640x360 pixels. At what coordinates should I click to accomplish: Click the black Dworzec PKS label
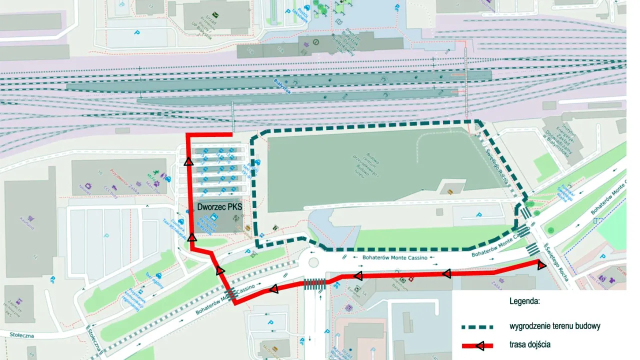coord(219,205)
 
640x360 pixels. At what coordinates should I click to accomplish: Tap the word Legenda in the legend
coord(524,301)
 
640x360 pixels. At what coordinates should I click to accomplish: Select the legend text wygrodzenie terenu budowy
coord(554,326)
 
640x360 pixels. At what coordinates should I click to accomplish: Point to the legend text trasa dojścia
coord(530,344)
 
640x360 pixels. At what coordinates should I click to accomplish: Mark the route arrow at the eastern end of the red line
coord(541,265)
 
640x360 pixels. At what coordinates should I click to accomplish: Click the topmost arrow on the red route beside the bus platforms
coord(188,161)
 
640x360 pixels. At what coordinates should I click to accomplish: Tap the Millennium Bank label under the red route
coord(395,285)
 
